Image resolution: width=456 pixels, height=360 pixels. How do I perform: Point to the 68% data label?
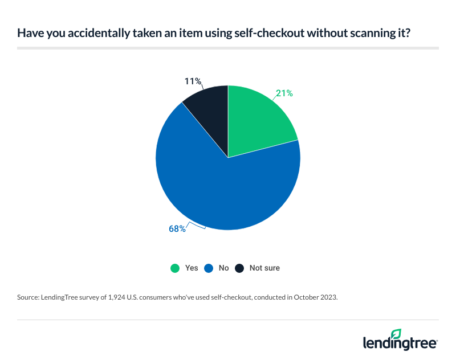pyautogui.click(x=177, y=229)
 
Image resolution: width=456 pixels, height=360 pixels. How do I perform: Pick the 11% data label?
pyautogui.click(x=192, y=81)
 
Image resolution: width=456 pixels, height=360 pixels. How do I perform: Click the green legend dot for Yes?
pyautogui.click(x=175, y=268)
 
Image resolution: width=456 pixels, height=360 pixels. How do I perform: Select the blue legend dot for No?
pyautogui.click(x=209, y=268)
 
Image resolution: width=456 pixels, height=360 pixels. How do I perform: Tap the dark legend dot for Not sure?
pyautogui.click(x=240, y=268)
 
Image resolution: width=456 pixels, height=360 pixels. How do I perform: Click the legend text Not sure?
pyautogui.click(x=264, y=268)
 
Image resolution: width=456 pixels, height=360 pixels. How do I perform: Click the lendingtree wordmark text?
pyautogui.click(x=399, y=343)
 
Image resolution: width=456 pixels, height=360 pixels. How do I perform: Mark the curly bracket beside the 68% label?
pyautogui.click(x=197, y=227)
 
